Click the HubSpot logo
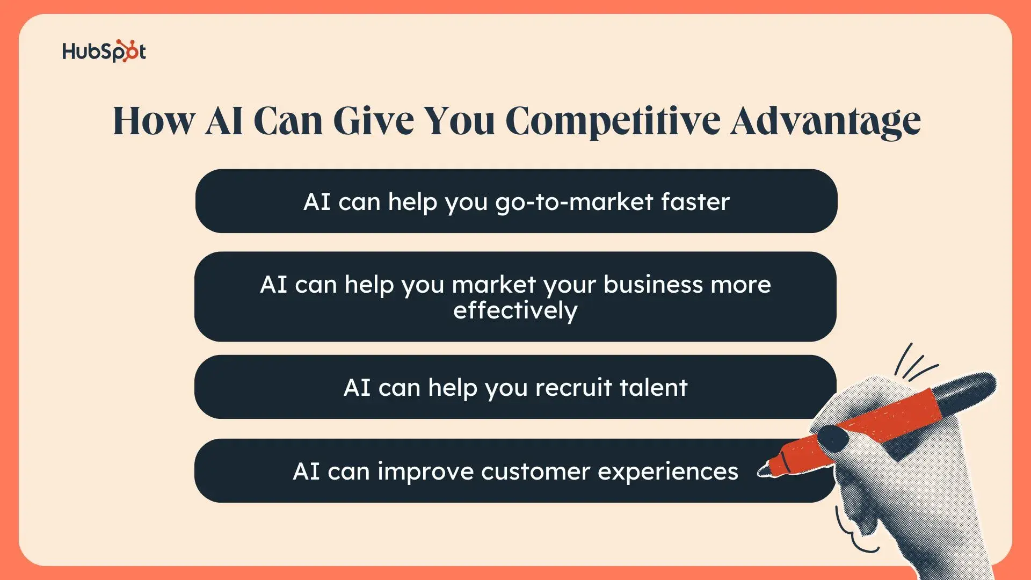[x=104, y=52]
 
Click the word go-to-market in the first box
[x=574, y=202]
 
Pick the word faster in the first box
[x=695, y=202]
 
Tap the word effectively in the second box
[x=515, y=311]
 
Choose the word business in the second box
[x=654, y=284]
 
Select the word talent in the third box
[x=654, y=388]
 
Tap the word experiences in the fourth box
[x=668, y=472]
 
